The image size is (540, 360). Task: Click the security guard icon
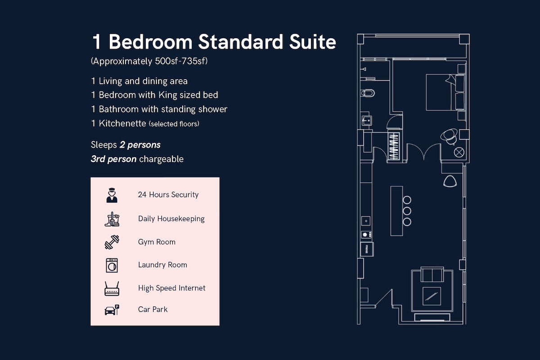coord(112,195)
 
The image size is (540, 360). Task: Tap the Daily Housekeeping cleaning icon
coord(112,219)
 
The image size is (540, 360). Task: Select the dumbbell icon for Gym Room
coord(112,242)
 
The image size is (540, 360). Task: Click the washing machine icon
coord(112,265)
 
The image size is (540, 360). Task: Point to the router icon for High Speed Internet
coord(112,288)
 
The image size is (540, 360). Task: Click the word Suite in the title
coord(312,42)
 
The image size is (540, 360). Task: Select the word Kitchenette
coord(122,123)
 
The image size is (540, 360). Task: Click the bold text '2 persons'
coord(140,145)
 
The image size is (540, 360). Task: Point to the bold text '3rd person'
coord(113,159)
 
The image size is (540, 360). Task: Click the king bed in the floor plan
coord(445,92)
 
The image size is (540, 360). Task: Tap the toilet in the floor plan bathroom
coord(368,93)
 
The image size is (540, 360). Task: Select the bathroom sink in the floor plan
coord(366,120)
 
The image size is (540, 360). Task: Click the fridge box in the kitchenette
coord(367,249)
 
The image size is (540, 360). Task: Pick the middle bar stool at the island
coord(407,211)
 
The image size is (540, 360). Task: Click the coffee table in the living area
coord(432,297)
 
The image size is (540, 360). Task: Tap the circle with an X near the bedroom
coord(459,153)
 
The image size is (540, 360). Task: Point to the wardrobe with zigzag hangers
coord(394,146)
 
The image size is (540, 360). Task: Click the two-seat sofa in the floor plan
coord(432,274)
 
